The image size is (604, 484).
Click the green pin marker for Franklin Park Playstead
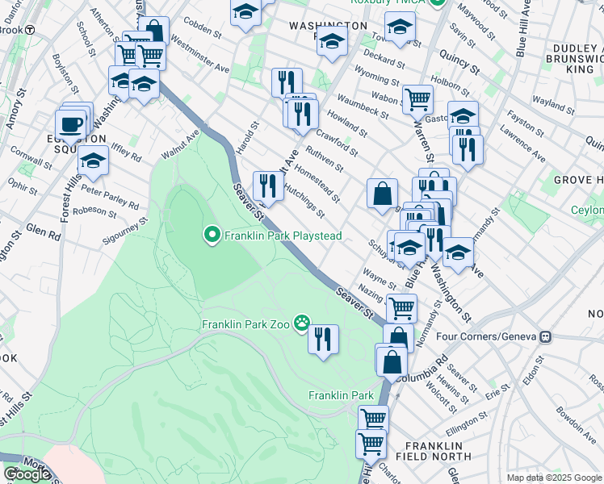click(212, 236)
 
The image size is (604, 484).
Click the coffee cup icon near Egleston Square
click(70, 126)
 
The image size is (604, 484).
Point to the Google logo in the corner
click(27, 474)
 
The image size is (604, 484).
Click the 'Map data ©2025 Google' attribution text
click(554, 478)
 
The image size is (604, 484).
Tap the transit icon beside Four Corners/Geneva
click(546, 336)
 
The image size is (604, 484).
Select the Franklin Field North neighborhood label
click(434, 452)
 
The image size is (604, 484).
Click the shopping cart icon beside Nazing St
click(401, 307)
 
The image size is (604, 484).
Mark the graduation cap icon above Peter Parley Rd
click(94, 161)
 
